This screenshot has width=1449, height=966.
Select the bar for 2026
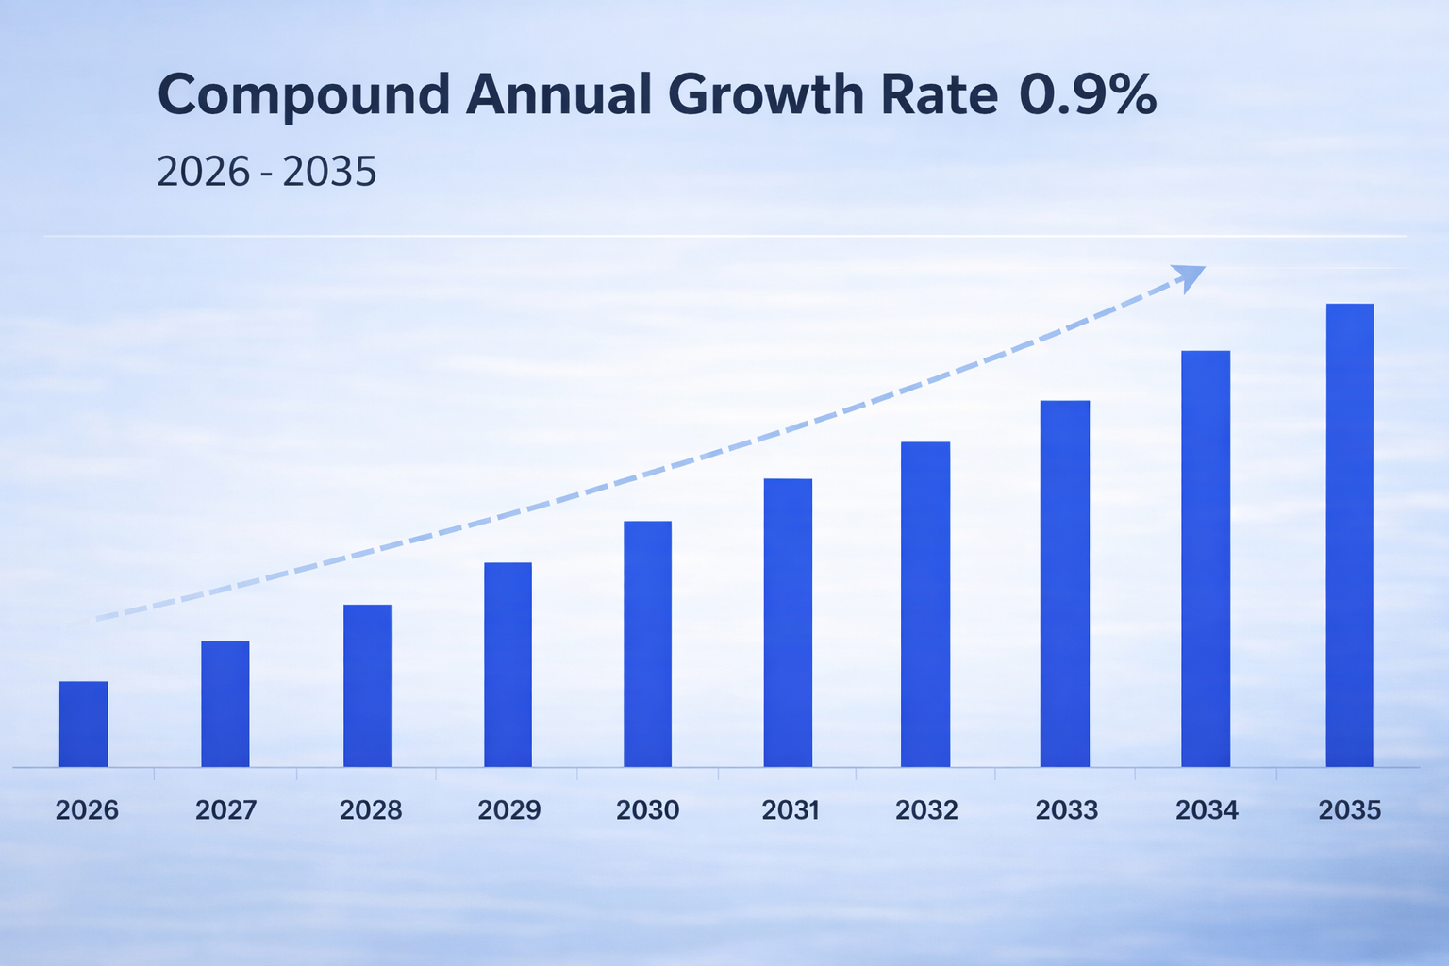pyautogui.click(x=83, y=724)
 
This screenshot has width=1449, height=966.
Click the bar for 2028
pyautogui.click(x=367, y=685)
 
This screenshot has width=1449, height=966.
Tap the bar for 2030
pyautogui.click(x=647, y=643)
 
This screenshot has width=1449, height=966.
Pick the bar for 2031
pyautogui.click(x=788, y=623)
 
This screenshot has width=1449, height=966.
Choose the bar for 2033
pyautogui.click(x=1065, y=583)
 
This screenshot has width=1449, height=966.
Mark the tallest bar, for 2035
pyautogui.click(x=1349, y=535)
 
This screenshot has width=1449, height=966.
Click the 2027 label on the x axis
pyautogui.click(x=226, y=810)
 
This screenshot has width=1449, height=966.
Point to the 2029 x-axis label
pyautogui.click(x=509, y=810)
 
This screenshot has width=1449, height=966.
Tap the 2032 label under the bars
pyautogui.click(x=926, y=810)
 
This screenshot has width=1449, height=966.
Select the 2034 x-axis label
pyautogui.click(x=1207, y=810)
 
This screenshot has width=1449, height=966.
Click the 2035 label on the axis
pyautogui.click(x=1349, y=810)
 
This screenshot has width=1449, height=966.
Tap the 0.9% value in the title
pyautogui.click(x=1088, y=95)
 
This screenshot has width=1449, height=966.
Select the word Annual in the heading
pyautogui.click(x=558, y=95)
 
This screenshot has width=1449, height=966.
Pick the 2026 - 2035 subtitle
pyautogui.click(x=266, y=173)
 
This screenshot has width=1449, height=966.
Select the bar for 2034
pyautogui.click(x=1206, y=558)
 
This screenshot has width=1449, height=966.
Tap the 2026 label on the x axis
pyautogui.click(x=87, y=810)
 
